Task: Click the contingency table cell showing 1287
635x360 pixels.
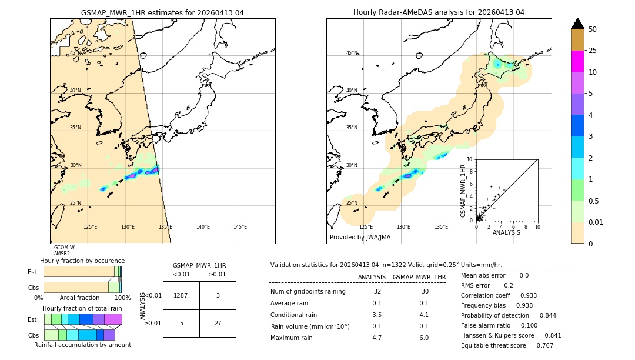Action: pyautogui.click(x=181, y=295)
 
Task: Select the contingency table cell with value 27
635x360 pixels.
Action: pyautogui.click(x=218, y=323)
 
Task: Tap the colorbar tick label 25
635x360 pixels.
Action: pyautogui.click(x=593, y=51)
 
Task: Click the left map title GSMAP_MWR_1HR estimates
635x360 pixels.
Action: pyautogui.click(x=162, y=12)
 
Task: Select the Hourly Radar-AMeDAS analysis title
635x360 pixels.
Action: pyautogui.click(x=439, y=12)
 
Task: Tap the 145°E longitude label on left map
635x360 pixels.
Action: pyautogui.click(x=240, y=227)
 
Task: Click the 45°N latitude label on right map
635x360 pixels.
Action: pyautogui.click(x=352, y=53)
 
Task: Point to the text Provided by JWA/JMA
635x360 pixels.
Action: pyautogui.click(x=360, y=238)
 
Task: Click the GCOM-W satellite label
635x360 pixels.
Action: pyautogui.click(x=64, y=248)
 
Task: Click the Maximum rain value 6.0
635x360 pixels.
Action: pyautogui.click(x=424, y=338)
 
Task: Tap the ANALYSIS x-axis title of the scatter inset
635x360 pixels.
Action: pyautogui.click(x=506, y=232)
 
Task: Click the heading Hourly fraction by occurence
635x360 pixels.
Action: pyautogui.click(x=82, y=261)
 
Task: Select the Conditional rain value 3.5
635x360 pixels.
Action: pyautogui.click(x=377, y=315)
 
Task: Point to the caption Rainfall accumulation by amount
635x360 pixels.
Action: pyautogui.click(x=82, y=345)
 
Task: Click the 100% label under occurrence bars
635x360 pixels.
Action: pyautogui.click(x=122, y=298)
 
